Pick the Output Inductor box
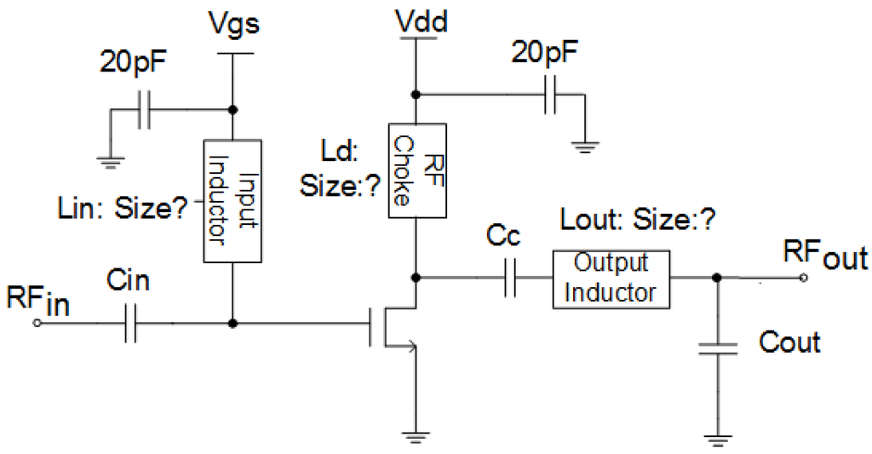pyautogui.click(x=611, y=279)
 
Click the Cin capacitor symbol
pyautogui.click(x=129, y=324)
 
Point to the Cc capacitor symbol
pyautogui.click(x=510, y=278)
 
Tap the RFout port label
pyautogui.click(x=823, y=255)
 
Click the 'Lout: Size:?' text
pyautogui.click(x=636, y=220)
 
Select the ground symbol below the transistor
pyautogui.click(x=414, y=437)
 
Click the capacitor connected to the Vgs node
pyautogui.click(x=146, y=110)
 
